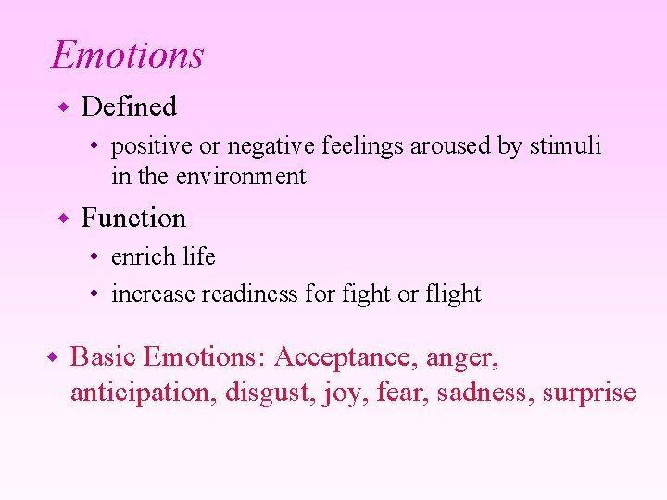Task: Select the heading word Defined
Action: [x=129, y=107]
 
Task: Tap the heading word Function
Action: [x=133, y=219]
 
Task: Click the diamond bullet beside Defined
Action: [x=64, y=107]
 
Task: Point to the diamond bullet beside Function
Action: [x=64, y=219]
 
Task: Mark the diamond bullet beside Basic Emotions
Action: [x=53, y=357]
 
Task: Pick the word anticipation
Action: [x=144, y=393]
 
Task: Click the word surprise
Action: [x=589, y=393]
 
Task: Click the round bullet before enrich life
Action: [x=96, y=257]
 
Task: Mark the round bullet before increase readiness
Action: [x=96, y=294]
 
